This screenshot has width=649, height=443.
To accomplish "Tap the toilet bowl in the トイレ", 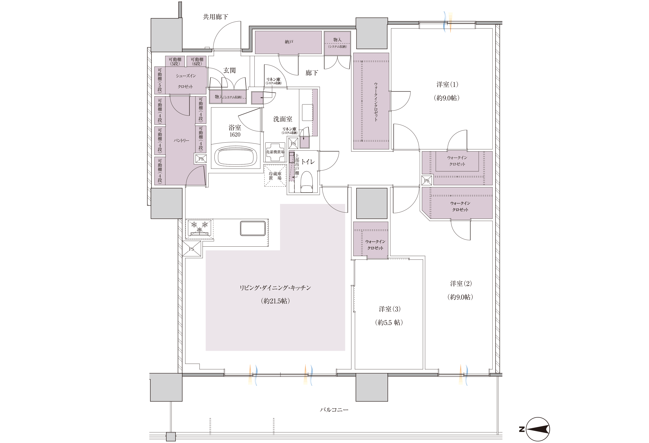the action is click(x=306, y=182).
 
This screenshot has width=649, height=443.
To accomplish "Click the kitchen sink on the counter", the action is click(x=253, y=228).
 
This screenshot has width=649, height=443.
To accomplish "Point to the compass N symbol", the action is click(x=521, y=429).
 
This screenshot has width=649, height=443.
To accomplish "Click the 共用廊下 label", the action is click(x=215, y=17).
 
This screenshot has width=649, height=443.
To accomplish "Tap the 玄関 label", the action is click(x=230, y=71).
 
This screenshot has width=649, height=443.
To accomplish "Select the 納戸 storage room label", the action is click(x=289, y=42).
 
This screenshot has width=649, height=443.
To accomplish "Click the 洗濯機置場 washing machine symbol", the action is click(x=275, y=152).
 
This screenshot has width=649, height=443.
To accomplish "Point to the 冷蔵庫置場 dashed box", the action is click(x=275, y=176).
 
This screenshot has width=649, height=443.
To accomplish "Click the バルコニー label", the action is click(x=334, y=410).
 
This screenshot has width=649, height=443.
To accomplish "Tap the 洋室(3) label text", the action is click(x=390, y=309).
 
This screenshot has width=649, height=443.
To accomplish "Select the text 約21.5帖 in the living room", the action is click(x=275, y=301).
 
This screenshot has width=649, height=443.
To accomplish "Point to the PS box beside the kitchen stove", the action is click(x=191, y=249).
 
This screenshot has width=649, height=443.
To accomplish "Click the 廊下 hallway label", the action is click(x=312, y=73).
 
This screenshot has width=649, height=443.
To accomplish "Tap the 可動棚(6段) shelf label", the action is click(x=197, y=62).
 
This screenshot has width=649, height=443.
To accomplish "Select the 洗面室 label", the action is click(x=283, y=119).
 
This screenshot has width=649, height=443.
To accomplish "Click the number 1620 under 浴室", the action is click(x=235, y=135).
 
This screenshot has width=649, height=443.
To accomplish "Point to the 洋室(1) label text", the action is click(x=447, y=85).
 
